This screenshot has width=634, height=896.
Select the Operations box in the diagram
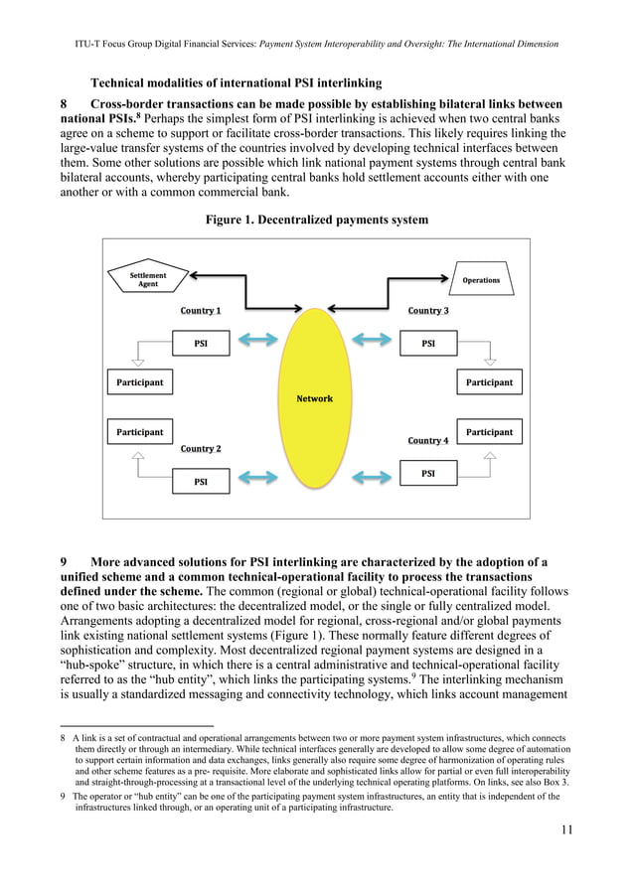point(481,280)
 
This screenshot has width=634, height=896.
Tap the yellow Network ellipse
point(315,397)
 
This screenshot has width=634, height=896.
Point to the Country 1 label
point(201,311)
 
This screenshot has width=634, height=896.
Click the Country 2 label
point(201,449)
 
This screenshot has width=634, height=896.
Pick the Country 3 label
point(428,311)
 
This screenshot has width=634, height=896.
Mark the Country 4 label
point(428,440)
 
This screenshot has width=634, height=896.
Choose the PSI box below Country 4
point(428,474)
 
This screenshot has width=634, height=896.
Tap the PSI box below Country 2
point(201,482)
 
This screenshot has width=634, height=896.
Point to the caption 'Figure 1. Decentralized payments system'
point(317,219)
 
